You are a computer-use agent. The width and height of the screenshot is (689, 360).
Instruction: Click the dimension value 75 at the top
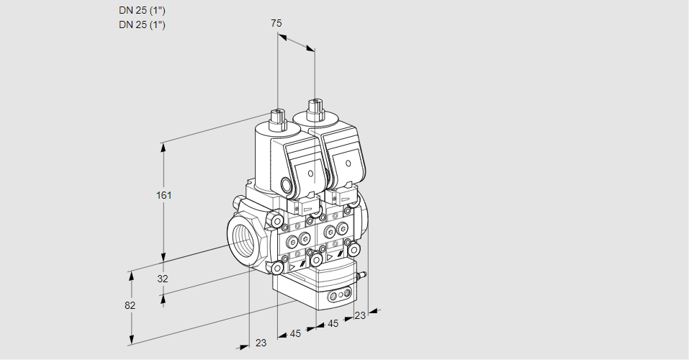pyautogui.click(x=276, y=23)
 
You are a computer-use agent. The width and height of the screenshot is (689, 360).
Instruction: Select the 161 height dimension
pyautogui.click(x=166, y=195)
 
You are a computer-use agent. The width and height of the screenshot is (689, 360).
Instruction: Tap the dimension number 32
pyautogui.click(x=162, y=279)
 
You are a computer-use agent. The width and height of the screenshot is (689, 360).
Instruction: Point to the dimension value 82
pyautogui.click(x=130, y=305)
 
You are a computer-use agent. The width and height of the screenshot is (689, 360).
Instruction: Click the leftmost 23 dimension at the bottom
pyautogui.click(x=261, y=343)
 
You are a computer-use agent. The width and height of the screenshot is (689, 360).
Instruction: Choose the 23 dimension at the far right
pyautogui.click(x=360, y=315)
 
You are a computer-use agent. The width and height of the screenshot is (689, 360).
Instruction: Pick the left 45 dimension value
pyautogui.click(x=295, y=333)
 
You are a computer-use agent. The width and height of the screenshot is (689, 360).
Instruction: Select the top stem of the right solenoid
pyautogui.click(x=314, y=109)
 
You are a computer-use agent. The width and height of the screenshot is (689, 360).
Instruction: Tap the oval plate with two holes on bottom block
pyautogui.click(x=338, y=295)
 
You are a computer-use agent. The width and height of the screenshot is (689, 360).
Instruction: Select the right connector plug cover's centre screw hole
pyautogui.click(x=348, y=165)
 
